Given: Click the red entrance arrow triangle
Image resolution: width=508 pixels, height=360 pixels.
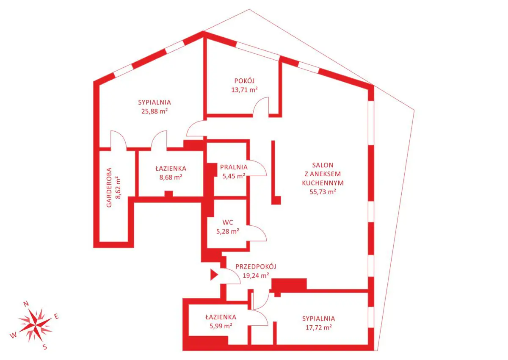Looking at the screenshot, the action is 214,275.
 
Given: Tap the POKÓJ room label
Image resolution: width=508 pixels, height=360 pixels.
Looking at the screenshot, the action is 244,80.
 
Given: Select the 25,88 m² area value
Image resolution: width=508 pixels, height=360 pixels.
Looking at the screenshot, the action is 155,111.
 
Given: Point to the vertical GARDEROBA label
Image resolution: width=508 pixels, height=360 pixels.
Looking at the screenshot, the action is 109,187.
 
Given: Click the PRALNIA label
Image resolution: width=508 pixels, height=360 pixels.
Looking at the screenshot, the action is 234,167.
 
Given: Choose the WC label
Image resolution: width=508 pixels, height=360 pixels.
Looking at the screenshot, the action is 228,222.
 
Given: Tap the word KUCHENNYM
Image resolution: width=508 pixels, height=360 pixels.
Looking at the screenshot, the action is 323,183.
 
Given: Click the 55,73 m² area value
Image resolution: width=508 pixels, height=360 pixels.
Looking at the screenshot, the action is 323,192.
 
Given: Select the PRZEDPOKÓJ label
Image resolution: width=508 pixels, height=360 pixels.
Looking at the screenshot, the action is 256,266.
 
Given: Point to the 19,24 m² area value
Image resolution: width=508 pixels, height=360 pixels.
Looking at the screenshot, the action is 256,276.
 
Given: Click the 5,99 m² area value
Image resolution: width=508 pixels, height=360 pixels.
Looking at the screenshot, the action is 221,326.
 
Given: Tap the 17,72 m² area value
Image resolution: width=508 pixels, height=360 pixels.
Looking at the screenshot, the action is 319,327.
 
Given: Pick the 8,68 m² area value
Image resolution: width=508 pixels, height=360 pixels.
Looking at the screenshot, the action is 171,177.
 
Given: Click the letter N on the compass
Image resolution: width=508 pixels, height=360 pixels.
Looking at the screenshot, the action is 26,304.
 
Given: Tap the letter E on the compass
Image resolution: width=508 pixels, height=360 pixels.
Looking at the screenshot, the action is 56,316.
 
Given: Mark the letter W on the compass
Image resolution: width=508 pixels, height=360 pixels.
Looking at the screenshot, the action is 13,335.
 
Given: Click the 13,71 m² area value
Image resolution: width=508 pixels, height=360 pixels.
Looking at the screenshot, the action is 244,90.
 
